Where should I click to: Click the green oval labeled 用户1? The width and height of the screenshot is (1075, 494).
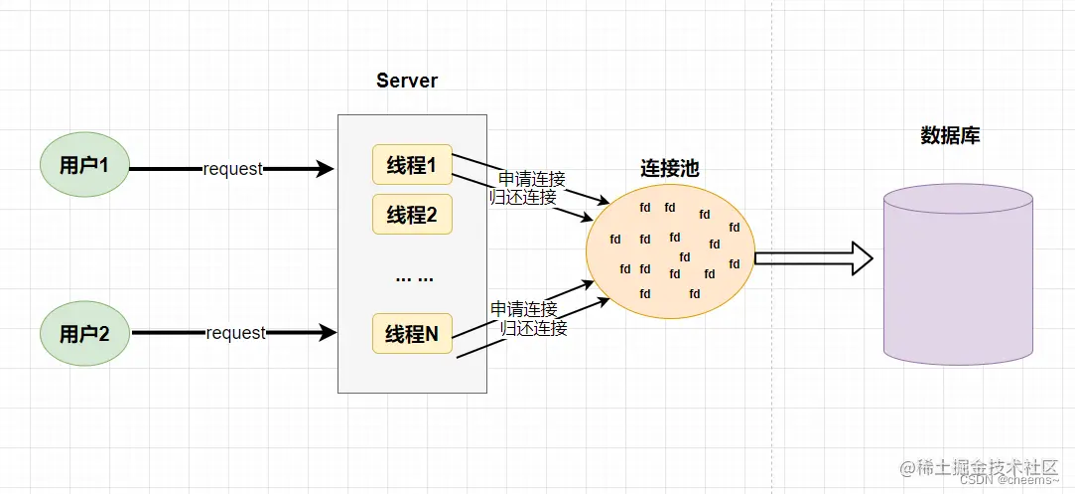pyautogui.click(x=84, y=165)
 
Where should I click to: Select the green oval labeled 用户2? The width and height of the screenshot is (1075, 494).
pyautogui.click(x=84, y=333)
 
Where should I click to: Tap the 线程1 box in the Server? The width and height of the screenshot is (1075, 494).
pyautogui.click(x=412, y=165)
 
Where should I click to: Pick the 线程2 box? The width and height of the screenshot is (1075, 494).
pyautogui.click(x=412, y=215)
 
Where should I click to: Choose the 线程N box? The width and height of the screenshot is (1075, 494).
pyautogui.click(x=412, y=334)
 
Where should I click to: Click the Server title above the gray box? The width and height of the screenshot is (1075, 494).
pyautogui.click(x=407, y=81)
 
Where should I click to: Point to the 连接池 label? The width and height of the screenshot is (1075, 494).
pyautogui.click(x=669, y=169)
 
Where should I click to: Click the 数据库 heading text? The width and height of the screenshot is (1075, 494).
pyautogui.click(x=950, y=136)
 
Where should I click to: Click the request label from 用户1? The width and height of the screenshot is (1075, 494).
pyautogui.click(x=233, y=169)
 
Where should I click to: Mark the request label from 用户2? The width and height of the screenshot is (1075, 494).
pyautogui.click(x=235, y=333)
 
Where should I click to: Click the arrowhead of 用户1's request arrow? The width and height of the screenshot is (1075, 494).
pyautogui.click(x=325, y=169)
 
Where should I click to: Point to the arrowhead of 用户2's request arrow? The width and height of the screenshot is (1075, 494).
pyautogui.click(x=327, y=333)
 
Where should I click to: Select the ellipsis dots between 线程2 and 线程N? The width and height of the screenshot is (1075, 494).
pyautogui.click(x=414, y=276)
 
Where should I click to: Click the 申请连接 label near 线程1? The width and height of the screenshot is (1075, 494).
pyautogui.click(x=532, y=179)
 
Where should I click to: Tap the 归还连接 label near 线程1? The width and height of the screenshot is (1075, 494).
pyautogui.click(x=523, y=197)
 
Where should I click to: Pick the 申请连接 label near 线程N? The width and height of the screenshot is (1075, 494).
pyautogui.click(x=524, y=309)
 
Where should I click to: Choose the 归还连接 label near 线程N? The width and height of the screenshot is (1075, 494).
pyautogui.click(x=534, y=327)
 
